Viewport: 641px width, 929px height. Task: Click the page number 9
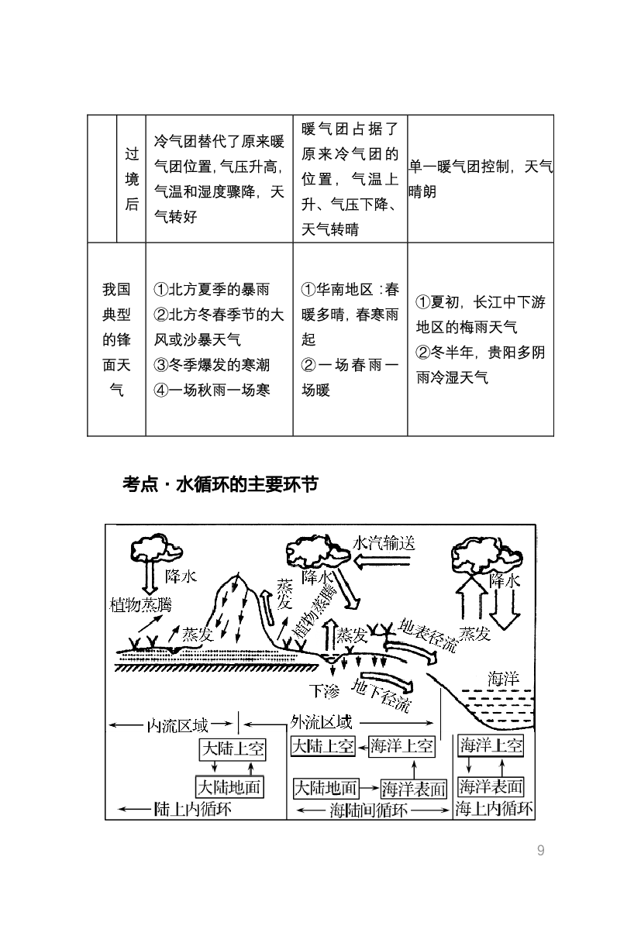541,851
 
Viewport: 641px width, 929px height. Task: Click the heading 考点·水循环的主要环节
219,485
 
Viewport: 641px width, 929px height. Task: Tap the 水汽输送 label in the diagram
384,542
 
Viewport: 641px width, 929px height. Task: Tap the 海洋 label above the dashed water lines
503,679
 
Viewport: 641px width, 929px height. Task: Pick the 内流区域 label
177,726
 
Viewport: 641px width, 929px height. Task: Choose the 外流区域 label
321,723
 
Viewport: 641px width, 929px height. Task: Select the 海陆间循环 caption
368,810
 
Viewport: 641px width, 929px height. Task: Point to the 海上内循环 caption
495,810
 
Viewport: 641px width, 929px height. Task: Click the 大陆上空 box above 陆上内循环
233,748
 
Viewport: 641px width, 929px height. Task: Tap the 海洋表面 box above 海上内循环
491,786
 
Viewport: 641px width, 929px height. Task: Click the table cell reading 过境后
132,179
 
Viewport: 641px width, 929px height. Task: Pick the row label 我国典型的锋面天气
116,339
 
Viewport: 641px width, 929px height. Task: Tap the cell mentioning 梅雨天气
481,339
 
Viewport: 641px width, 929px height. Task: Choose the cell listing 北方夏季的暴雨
219,339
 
